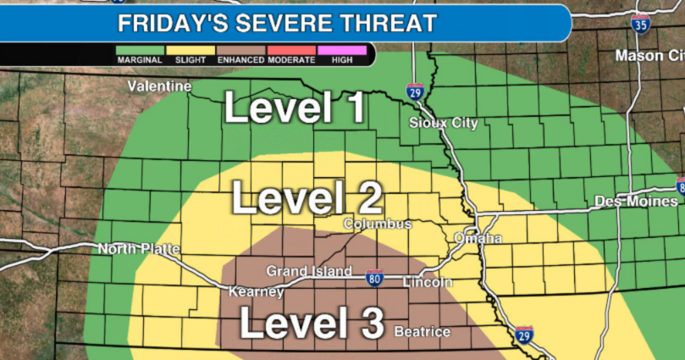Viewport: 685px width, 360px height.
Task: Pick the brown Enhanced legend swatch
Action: (240, 50)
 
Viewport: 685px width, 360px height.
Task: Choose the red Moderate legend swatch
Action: (290, 50)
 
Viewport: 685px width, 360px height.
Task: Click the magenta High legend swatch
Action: (342, 50)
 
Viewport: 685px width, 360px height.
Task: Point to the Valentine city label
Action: (159, 86)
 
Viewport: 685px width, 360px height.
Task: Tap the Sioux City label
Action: (443, 123)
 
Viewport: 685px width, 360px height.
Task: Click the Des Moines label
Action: (636, 201)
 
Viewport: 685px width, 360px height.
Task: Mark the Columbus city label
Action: (377, 224)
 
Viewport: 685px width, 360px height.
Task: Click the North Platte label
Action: (140, 249)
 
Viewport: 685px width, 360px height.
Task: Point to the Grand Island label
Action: (309, 271)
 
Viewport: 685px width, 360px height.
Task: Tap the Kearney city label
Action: (256, 292)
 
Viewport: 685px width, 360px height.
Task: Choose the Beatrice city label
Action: (422, 331)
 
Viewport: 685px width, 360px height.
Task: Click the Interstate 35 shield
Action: (640, 24)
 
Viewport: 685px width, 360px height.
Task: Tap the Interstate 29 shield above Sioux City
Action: (414, 92)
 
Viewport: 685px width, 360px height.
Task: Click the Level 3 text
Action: (312, 324)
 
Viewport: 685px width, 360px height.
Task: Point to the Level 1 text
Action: (295, 108)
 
